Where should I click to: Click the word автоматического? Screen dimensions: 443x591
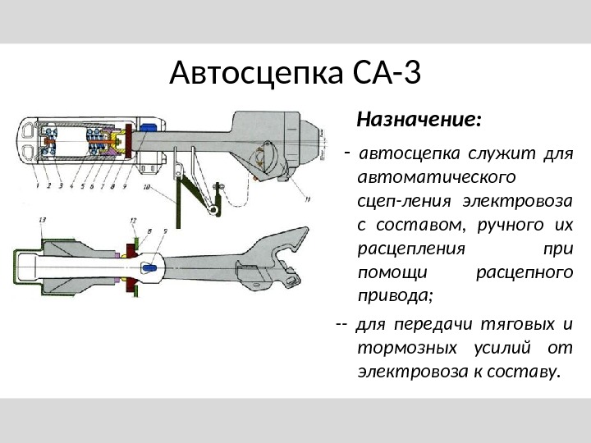[x=424, y=176]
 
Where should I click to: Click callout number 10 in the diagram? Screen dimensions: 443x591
[x=146, y=188]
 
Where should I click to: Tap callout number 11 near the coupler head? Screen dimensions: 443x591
[x=306, y=198]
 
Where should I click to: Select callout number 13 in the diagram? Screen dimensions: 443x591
[x=41, y=219]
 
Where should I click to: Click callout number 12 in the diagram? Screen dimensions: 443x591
[x=133, y=220]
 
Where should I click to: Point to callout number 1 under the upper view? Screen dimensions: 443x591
[x=39, y=185]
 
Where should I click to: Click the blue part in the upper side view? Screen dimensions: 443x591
[x=150, y=128]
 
